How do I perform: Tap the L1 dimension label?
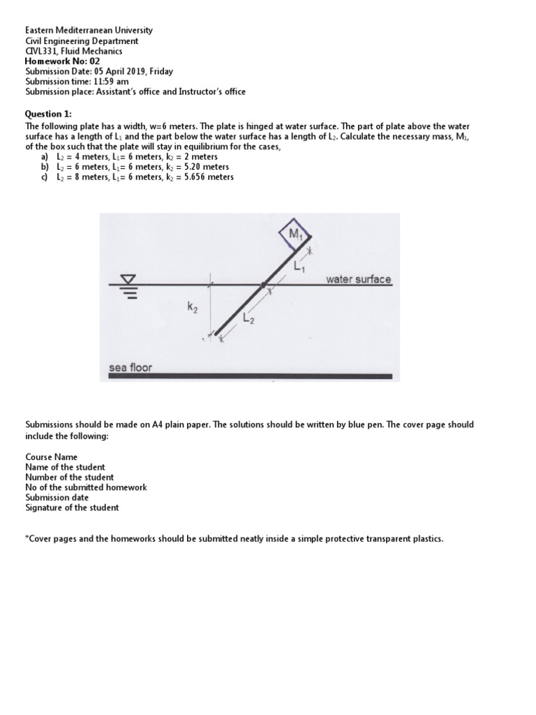point(299,265)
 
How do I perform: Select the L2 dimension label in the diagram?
point(248,318)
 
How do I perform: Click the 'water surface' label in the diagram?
point(358,279)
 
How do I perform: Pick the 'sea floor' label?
point(131,367)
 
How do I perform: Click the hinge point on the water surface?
point(263,285)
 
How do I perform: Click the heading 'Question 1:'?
point(48,114)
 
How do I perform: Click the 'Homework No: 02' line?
point(62,61)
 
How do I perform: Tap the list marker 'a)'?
point(45,157)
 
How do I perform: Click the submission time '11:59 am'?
point(112,81)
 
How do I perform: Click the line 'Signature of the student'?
point(72,508)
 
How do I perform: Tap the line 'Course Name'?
point(52,457)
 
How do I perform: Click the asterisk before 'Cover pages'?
point(27,538)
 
